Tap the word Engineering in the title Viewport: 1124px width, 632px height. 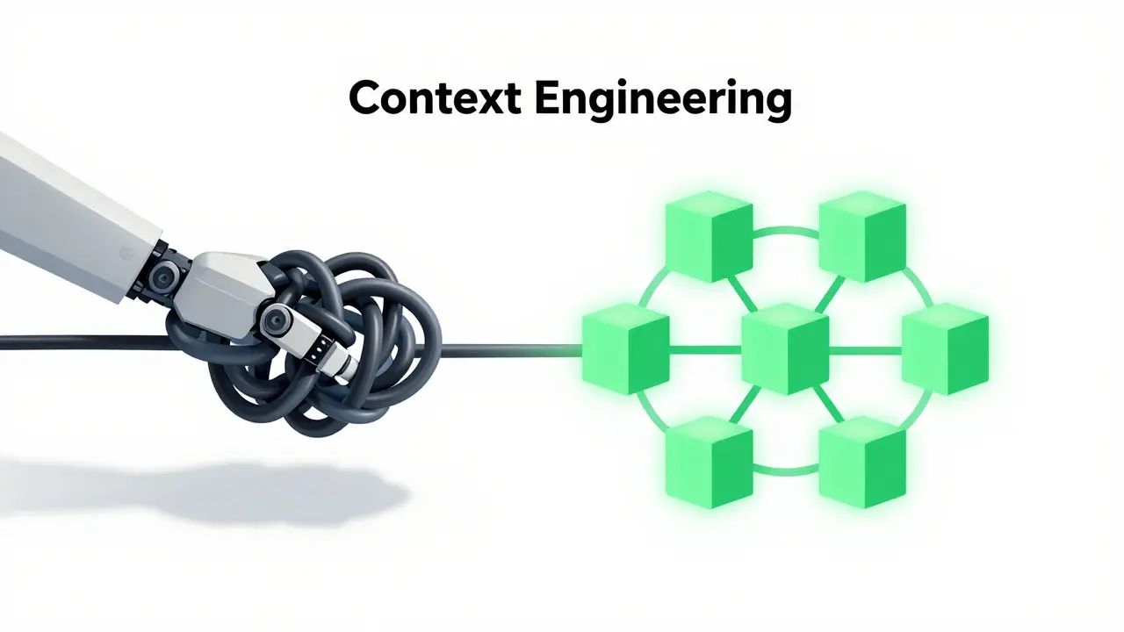(x=663, y=100)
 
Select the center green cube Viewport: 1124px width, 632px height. (x=785, y=348)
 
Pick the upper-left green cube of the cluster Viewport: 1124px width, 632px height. (x=709, y=236)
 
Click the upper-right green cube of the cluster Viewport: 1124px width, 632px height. (x=862, y=236)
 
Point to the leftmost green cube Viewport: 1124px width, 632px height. (x=626, y=348)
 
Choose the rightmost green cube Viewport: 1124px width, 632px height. (x=946, y=348)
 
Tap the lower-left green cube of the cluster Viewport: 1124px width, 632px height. (x=709, y=463)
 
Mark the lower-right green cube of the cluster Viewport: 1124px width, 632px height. (x=862, y=463)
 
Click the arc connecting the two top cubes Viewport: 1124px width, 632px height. (x=786, y=230)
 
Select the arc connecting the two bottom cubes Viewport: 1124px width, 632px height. (x=786, y=471)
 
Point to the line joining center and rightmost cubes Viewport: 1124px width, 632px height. (x=865, y=350)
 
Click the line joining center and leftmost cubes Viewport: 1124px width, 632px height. (x=705, y=350)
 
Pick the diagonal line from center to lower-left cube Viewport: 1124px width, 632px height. (x=743, y=405)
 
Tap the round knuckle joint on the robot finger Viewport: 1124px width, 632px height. (x=275, y=319)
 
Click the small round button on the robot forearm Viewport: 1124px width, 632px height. (x=126, y=253)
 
